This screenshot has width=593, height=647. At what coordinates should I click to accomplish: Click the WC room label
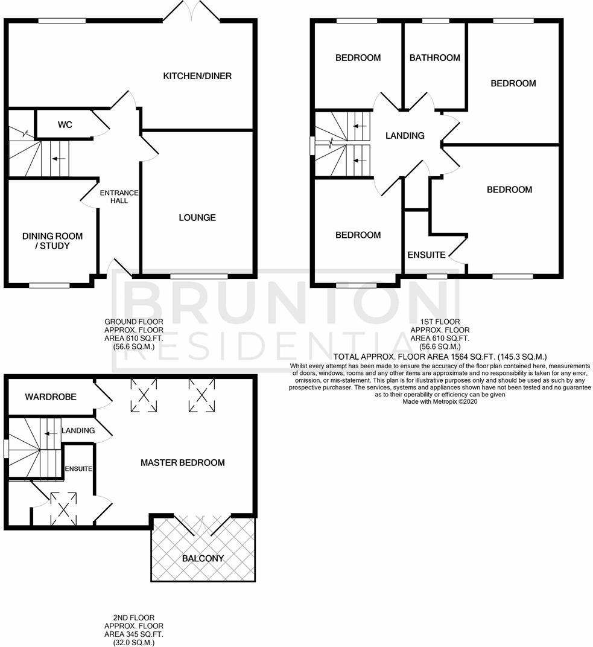point(65,124)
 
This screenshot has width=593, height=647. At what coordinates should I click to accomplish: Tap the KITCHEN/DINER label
point(197,76)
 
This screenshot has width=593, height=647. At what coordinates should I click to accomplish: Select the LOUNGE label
point(197,217)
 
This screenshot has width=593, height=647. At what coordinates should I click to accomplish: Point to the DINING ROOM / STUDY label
point(52,241)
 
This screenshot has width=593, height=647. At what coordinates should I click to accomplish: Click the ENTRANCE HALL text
point(119,196)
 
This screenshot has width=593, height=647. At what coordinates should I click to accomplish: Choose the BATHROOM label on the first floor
point(435,58)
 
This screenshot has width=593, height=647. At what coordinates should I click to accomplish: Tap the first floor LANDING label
point(405,136)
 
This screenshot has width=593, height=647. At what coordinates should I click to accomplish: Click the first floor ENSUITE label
point(427,255)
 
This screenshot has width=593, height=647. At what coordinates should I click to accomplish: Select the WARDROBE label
point(51,397)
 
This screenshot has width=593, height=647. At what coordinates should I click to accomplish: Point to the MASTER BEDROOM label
point(183,462)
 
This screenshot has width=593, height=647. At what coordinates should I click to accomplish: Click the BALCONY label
point(203,559)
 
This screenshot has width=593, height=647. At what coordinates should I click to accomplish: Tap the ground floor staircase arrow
point(59,159)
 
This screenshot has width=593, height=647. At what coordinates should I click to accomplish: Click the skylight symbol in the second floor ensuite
point(63,508)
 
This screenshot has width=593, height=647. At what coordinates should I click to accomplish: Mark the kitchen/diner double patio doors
point(192,10)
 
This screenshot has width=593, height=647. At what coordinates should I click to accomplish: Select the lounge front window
point(199,276)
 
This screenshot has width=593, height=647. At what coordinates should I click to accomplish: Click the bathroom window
point(436,21)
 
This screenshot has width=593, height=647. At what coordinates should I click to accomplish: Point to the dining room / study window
point(49,285)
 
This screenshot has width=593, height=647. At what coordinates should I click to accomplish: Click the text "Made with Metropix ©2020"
point(440,401)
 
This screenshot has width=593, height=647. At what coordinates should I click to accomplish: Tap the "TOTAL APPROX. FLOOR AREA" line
point(440,357)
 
